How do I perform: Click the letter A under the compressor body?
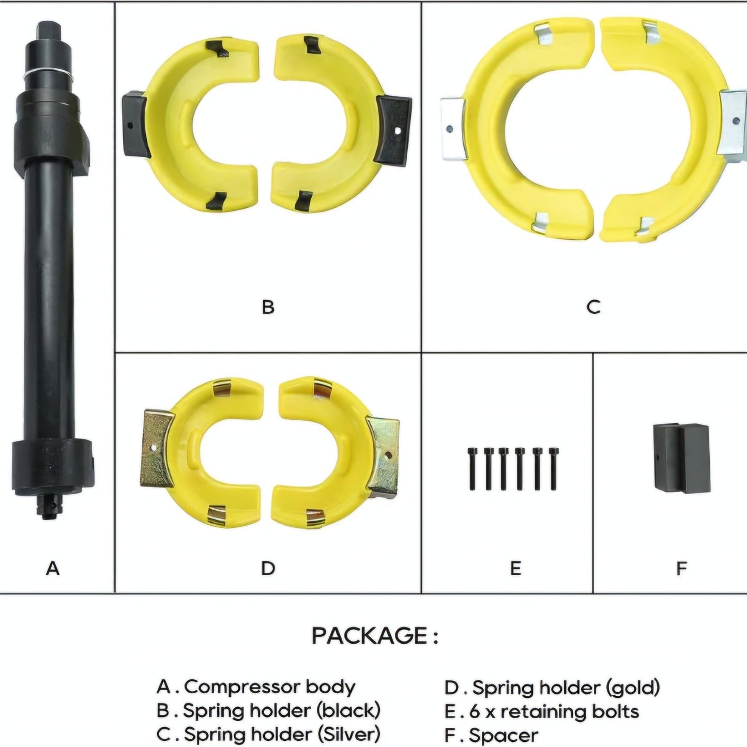tap(53, 569)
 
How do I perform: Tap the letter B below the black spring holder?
tap(268, 307)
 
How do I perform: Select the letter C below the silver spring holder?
tap(593, 307)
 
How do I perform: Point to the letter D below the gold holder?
tap(268, 569)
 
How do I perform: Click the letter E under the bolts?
tap(515, 569)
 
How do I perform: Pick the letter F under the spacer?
tap(681, 569)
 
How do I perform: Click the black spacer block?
tap(682, 458)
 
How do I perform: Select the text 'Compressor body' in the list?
tap(269, 688)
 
